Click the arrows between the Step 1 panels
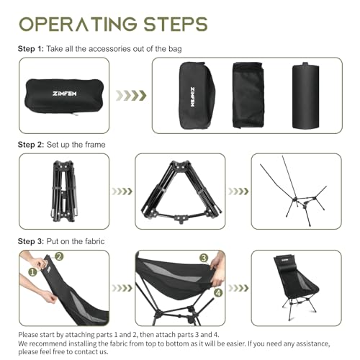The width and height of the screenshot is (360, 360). (132, 96)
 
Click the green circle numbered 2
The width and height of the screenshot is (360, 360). (58, 256)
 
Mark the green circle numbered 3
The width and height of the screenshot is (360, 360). (204, 258)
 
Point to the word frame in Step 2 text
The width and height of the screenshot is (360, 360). (94, 145)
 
